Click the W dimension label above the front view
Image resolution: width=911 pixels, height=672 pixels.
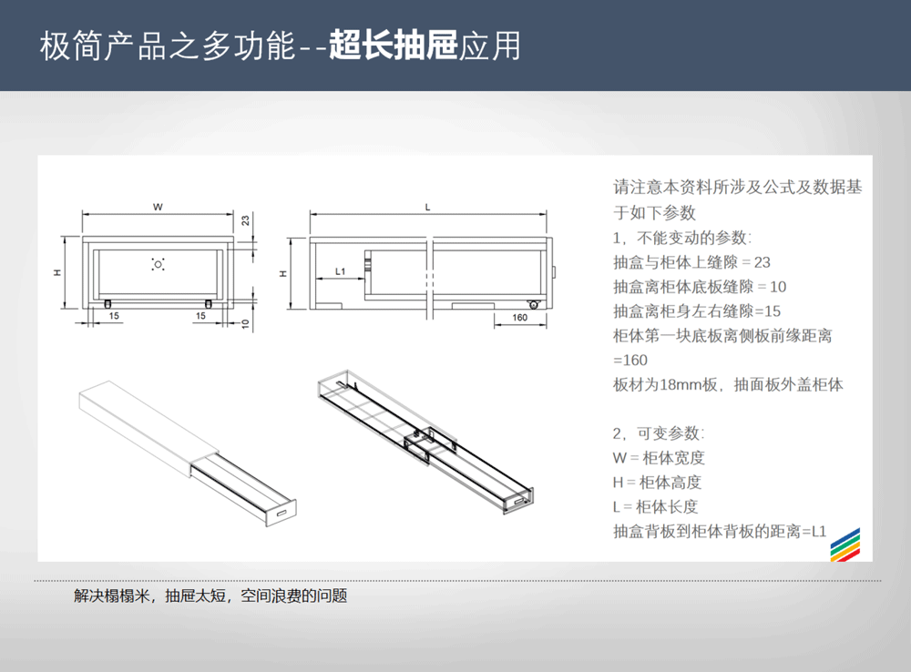(158, 207)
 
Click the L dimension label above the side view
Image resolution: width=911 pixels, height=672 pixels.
(427, 208)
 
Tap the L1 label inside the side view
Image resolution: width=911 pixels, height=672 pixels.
(341, 271)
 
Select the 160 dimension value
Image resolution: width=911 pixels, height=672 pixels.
(519, 317)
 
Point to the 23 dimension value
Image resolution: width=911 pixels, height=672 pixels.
(246, 220)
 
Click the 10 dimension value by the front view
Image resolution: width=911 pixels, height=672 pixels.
(246, 323)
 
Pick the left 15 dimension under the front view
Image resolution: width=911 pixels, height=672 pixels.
(114, 316)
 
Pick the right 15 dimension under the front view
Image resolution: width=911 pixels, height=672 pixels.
(200, 316)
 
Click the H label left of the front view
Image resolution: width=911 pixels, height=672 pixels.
(56, 272)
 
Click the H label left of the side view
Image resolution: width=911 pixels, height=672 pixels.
(283, 273)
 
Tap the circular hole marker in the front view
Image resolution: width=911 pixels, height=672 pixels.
(158, 264)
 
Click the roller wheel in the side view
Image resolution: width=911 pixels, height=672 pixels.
(533, 304)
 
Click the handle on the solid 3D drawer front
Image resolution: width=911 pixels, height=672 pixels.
(281, 513)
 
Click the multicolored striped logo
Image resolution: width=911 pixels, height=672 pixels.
(845, 545)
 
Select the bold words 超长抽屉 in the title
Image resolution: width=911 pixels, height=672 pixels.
(393, 46)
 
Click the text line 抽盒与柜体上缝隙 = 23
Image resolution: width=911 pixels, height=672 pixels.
(691, 262)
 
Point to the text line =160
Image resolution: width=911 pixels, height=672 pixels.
(630, 360)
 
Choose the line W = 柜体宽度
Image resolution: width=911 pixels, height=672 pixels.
(659, 458)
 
